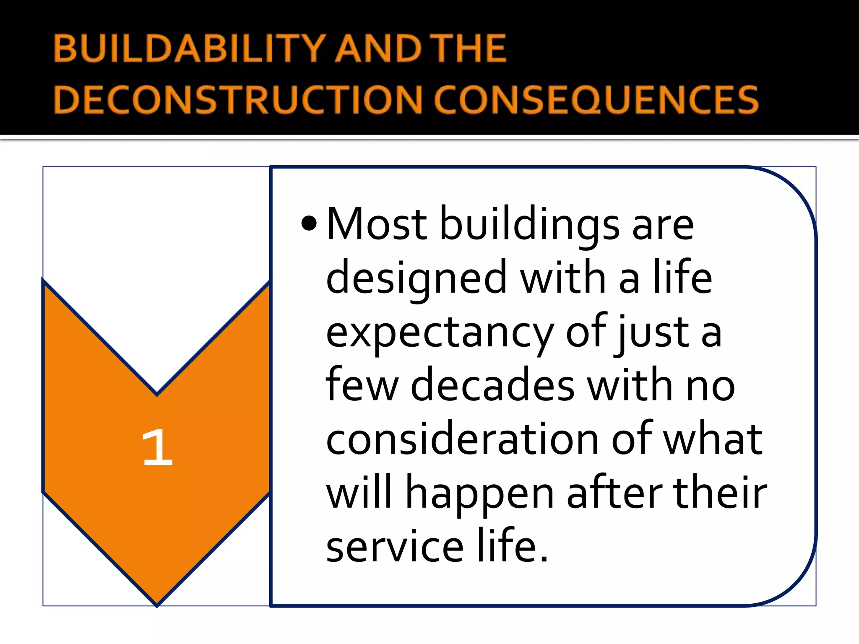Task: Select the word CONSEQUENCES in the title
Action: pyautogui.click(x=596, y=100)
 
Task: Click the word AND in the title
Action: pyautogui.click(x=378, y=49)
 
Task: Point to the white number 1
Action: pyautogui.click(x=157, y=448)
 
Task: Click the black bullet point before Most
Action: pyautogui.click(x=309, y=223)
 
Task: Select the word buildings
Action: pyautogui.click(x=529, y=226)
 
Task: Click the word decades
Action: pyautogui.click(x=492, y=386)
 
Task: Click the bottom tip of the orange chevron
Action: pyautogui.click(x=157, y=604)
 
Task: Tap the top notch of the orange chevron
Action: pyautogui.click(x=157, y=393)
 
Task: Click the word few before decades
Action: pyautogui.click(x=362, y=386)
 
